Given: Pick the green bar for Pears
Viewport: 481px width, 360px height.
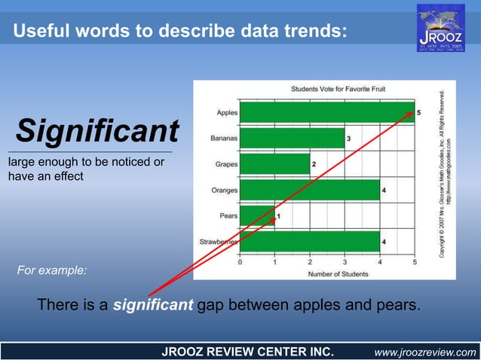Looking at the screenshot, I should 257,216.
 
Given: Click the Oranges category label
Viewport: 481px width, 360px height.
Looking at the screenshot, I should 224,191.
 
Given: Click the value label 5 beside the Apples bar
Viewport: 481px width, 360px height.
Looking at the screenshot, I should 419,112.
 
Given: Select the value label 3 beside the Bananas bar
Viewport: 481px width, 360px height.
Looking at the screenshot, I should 348,139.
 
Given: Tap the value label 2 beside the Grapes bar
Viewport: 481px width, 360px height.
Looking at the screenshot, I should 314,164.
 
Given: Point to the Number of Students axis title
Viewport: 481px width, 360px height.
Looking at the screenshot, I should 327,273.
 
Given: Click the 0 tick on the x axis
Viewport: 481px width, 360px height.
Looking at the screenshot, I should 240,263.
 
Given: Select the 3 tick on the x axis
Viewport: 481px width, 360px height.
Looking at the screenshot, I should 345,263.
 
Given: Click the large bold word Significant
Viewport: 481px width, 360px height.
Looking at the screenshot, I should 97,131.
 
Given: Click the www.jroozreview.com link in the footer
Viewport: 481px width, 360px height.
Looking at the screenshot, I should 425,352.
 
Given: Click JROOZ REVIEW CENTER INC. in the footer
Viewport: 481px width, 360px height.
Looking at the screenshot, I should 243,352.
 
